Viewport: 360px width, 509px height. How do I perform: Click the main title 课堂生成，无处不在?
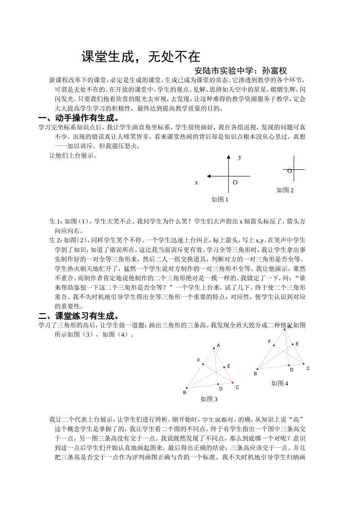click(141, 57)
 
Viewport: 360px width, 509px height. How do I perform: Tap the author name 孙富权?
click(274, 70)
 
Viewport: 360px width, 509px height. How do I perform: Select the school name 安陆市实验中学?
click(222, 70)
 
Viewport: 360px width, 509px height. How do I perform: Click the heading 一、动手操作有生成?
click(79, 118)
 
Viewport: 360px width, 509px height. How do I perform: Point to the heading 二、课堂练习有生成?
click(79, 316)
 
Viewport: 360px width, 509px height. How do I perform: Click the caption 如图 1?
click(220, 200)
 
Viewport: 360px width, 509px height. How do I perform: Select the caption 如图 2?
click(285, 190)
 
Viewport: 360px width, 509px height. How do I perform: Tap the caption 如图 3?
click(209, 399)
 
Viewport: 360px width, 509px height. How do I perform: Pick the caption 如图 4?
click(280, 383)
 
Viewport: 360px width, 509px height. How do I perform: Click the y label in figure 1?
click(240, 157)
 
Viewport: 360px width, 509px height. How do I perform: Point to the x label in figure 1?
click(196, 183)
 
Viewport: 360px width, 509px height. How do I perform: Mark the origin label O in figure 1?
click(235, 183)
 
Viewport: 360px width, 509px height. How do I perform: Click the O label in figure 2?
click(290, 171)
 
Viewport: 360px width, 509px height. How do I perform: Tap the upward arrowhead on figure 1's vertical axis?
click(229, 157)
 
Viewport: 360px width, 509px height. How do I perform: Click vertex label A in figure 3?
click(218, 345)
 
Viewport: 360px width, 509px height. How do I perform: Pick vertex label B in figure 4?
click(255, 374)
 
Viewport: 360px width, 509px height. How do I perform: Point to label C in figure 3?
click(237, 387)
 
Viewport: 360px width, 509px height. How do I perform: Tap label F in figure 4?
click(269, 342)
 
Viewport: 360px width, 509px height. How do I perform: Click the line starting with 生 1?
click(177, 222)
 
